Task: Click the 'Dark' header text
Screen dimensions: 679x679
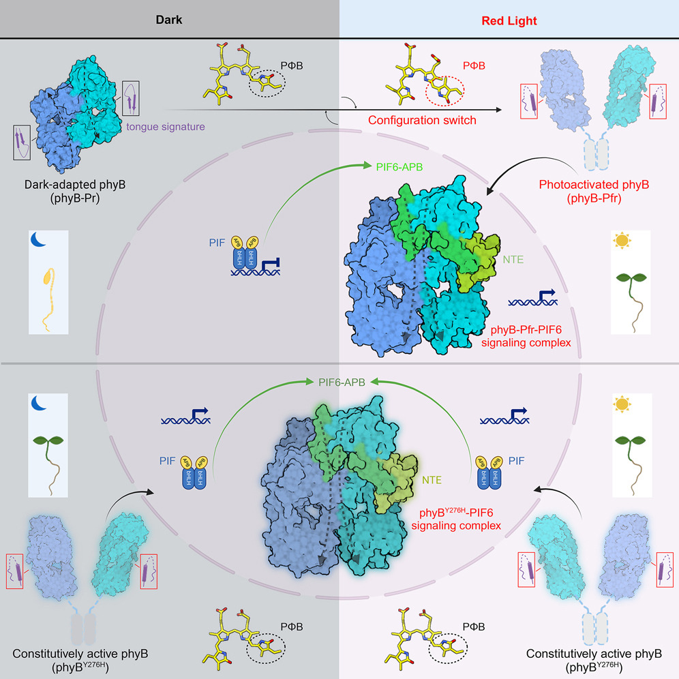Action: pos(169,20)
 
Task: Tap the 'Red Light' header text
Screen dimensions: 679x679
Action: pos(509,20)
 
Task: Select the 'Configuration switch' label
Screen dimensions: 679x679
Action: pos(422,121)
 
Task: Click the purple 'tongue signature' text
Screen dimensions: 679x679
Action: pos(166,127)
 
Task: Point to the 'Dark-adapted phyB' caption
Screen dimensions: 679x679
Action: pos(75,185)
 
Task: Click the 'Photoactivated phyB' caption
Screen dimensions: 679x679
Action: pos(594,185)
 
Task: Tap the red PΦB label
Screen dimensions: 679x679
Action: pos(474,66)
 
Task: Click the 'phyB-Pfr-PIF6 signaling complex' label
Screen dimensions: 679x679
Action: pos(526,336)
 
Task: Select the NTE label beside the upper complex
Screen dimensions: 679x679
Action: pos(513,259)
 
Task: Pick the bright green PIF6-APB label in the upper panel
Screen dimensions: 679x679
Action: pos(399,167)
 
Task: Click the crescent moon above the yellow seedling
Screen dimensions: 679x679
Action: pos(38,239)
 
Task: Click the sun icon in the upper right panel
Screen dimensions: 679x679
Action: pos(622,240)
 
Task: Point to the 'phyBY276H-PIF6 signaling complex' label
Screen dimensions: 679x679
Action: pos(456,519)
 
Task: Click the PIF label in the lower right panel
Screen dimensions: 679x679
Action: pos(516,461)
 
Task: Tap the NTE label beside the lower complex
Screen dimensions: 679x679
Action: pos(432,480)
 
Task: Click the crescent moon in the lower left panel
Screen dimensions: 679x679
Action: pos(39,403)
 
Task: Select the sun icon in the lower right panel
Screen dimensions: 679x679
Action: pos(622,404)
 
